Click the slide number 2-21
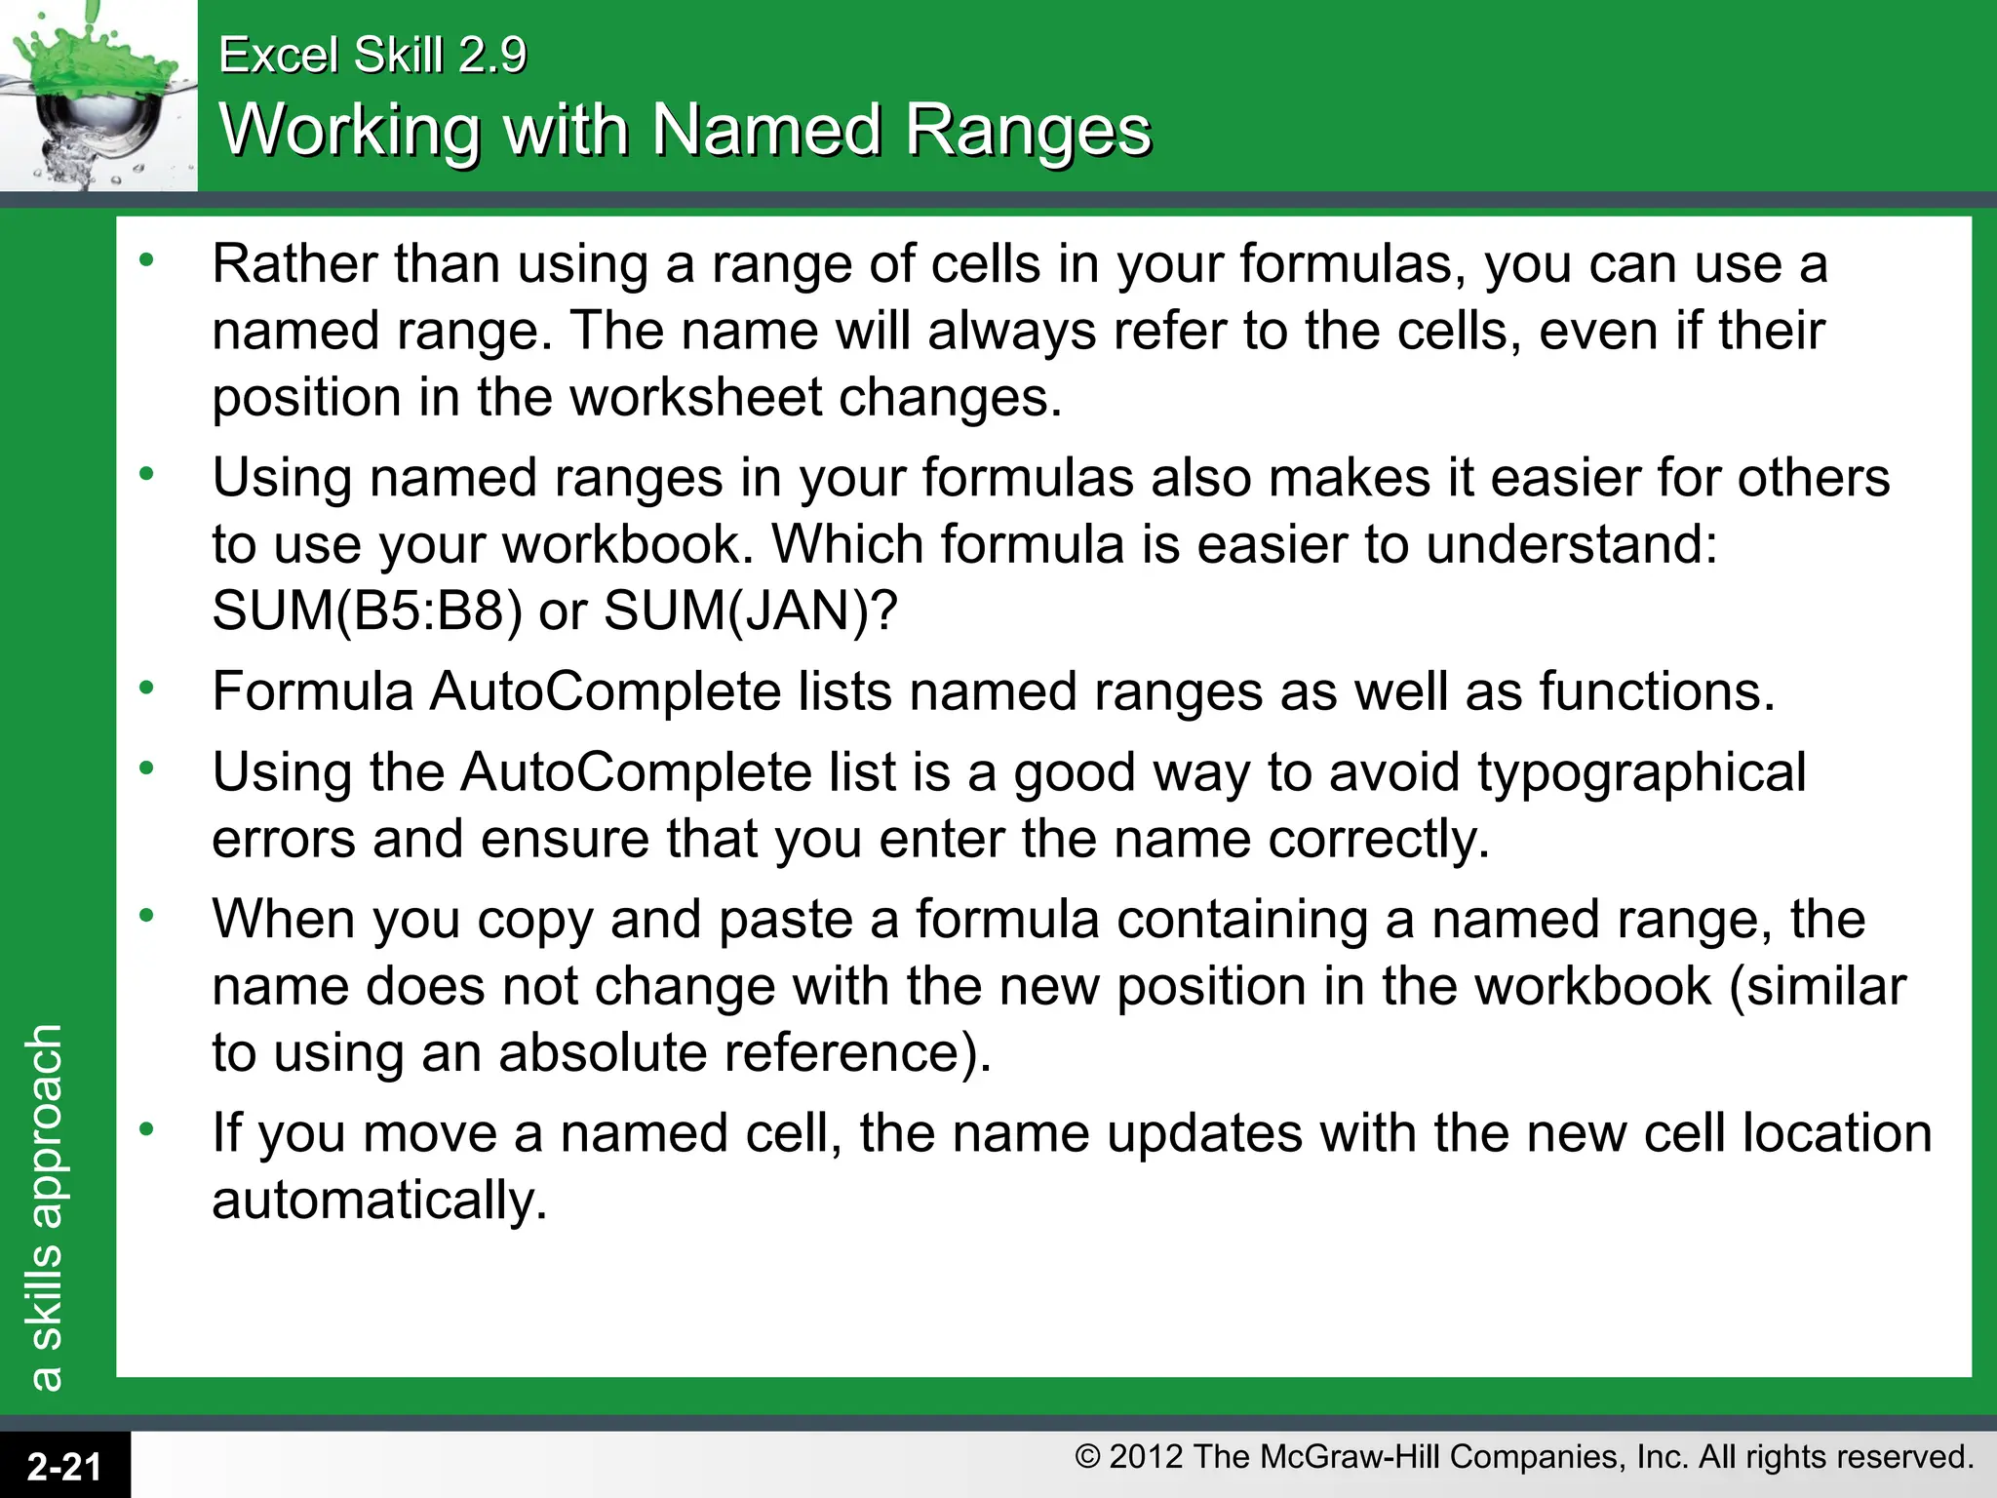coord(64,1466)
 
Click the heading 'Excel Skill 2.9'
coord(372,55)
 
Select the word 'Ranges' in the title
coord(1029,130)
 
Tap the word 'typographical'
coord(1642,773)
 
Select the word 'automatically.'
coord(379,1201)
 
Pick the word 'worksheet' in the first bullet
coord(696,398)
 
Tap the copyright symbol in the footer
coord(1087,1457)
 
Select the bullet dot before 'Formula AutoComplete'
coord(146,689)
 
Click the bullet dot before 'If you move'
coord(146,1130)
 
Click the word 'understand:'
coord(1571,545)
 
